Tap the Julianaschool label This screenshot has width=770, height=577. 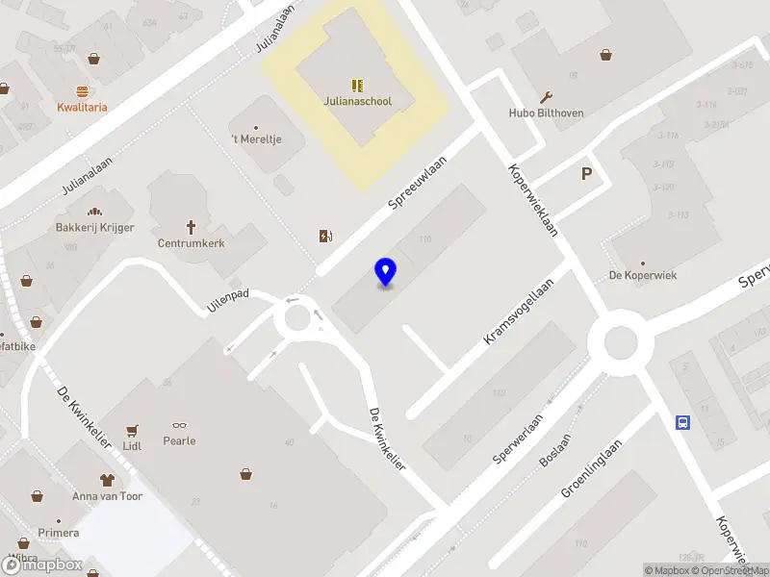(x=357, y=101)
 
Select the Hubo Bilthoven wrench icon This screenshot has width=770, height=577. (x=547, y=96)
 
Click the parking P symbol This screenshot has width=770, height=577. (x=586, y=174)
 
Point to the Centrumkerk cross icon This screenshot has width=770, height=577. (x=191, y=227)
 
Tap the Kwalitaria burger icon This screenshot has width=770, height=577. (x=82, y=91)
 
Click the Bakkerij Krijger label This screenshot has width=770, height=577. (x=95, y=227)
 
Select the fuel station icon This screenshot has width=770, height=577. (x=325, y=236)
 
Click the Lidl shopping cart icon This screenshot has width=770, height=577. (x=132, y=430)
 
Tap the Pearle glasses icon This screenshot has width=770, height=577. (x=180, y=425)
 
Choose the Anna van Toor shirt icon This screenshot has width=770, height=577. (x=107, y=479)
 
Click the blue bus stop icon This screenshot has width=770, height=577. (x=682, y=421)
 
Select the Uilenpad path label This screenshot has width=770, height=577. (x=228, y=301)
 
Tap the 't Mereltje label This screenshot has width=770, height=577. (x=256, y=140)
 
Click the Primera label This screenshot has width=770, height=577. (x=58, y=533)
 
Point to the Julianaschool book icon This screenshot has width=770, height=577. (x=357, y=86)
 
